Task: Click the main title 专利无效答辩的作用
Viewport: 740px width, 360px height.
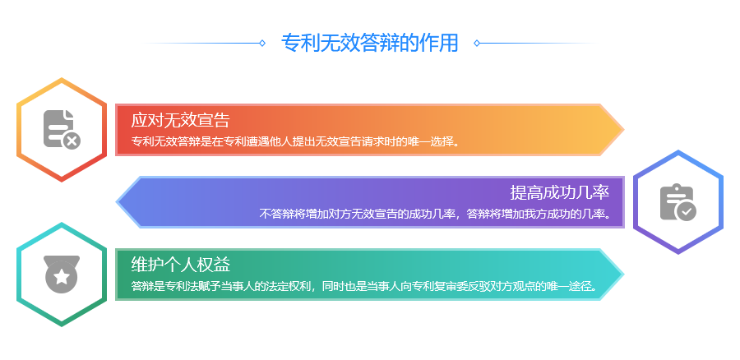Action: (x=369, y=43)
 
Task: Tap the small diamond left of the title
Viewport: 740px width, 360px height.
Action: (x=262, y=43)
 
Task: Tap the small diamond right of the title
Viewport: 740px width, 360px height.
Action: (x=477, y=43)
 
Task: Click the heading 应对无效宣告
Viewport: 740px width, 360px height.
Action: (x=180, y=120)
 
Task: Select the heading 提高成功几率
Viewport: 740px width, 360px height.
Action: (x=560, y=192)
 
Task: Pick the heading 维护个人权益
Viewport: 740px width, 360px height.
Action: (x=180, y=265)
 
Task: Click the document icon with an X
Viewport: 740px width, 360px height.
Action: (x=62, y=129)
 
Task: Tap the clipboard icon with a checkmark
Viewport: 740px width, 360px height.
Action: (x=678, y=202)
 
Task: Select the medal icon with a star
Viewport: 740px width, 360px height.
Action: (x=62, y=275)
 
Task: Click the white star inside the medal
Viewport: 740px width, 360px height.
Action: (x=62, y=277)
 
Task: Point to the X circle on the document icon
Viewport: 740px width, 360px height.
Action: (x=72, y=141)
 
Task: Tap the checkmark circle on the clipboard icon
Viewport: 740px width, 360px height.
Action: (x=687, y=212)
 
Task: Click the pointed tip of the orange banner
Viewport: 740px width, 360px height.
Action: (x=624, y=129)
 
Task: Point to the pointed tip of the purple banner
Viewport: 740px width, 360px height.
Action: (x=117, y=202)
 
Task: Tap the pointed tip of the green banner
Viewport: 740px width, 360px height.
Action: (x=624, y=275)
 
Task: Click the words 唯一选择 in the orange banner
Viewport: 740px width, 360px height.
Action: (x=432, y=141)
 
